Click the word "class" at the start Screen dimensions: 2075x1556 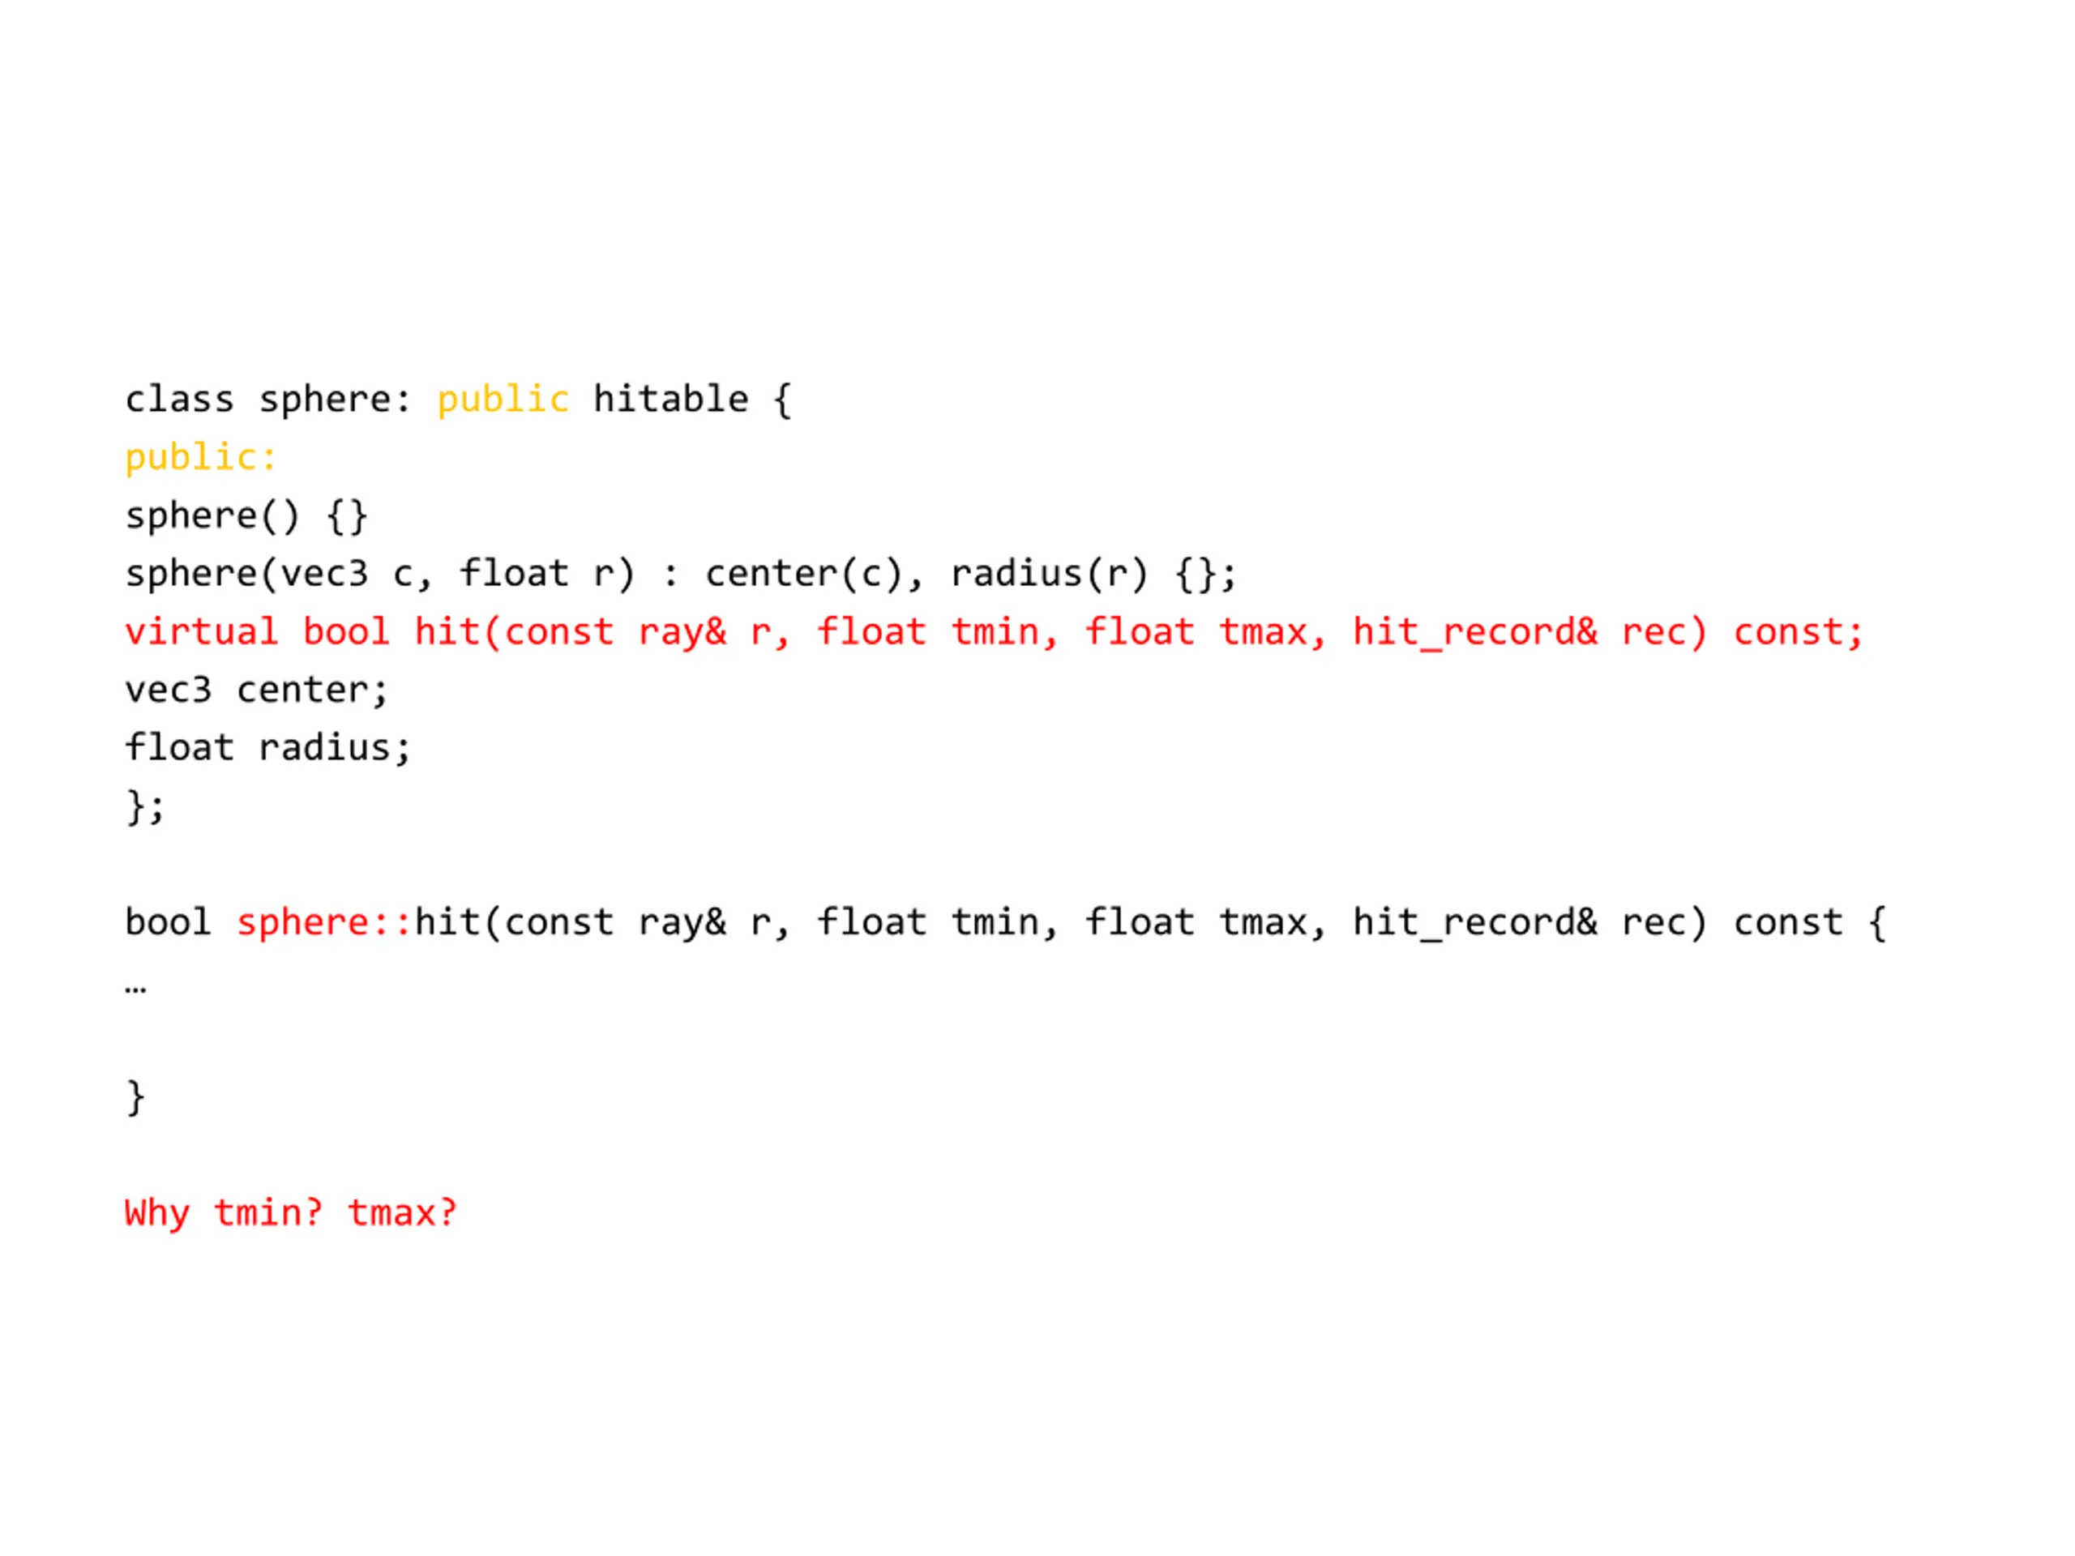[179, 400]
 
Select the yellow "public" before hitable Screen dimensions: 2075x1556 [503, 400]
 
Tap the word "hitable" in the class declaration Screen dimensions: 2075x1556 [670, 400]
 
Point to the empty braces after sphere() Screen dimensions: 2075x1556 [346, 516]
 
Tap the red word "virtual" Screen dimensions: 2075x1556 [202, 632]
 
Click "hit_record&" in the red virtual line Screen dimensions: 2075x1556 [1474, 632]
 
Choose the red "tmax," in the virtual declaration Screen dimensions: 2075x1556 [1272, 632]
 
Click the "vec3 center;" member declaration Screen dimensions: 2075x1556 [256, 690]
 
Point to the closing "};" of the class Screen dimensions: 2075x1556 [145, 806]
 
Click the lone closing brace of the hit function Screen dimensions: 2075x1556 [136, 1097]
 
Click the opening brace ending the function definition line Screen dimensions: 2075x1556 [1877, 923]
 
